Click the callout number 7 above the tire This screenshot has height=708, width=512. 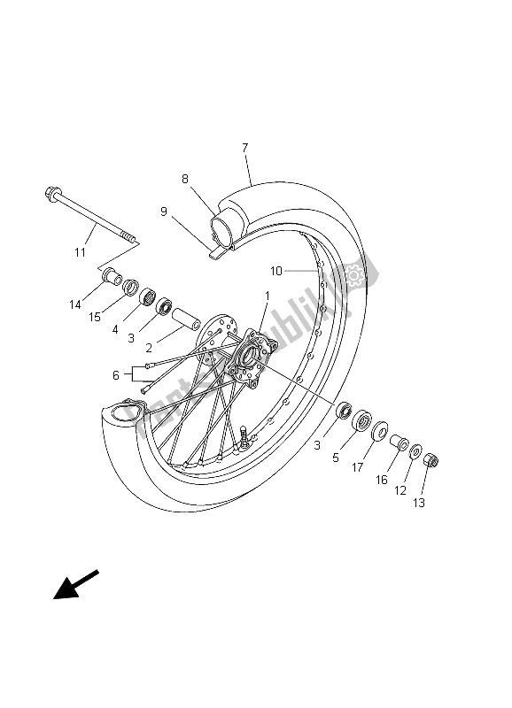pos(244,147)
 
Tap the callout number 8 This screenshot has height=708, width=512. pos(185,179)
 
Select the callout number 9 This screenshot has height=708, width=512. pos(164,212)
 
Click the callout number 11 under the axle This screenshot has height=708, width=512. pos(81,252)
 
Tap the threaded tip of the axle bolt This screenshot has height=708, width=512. pos(134,238)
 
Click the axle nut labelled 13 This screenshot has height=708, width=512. pos(431,460)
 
